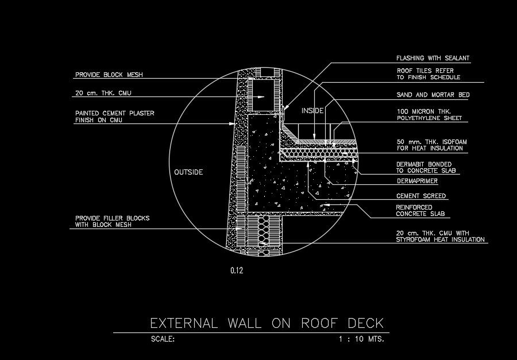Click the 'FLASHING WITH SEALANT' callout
click(433, 58)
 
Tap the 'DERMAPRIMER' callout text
click(417, 181)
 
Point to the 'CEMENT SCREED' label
click(421, 196)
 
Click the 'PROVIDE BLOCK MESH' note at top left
click(109, 75)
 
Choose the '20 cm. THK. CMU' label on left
click(101, 92)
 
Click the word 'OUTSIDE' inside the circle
click(188, 172)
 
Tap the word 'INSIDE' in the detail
click(312, 110)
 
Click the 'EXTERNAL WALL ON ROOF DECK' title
click(266, 323)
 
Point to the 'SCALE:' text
click(163, 339)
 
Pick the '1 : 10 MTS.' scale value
click(361, 339)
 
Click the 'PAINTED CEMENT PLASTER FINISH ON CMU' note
click(114, 117)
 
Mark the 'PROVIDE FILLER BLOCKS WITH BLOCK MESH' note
click(112, 222)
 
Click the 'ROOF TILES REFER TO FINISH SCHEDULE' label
click(429, 73)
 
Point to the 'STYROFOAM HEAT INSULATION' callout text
click(441, 239)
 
